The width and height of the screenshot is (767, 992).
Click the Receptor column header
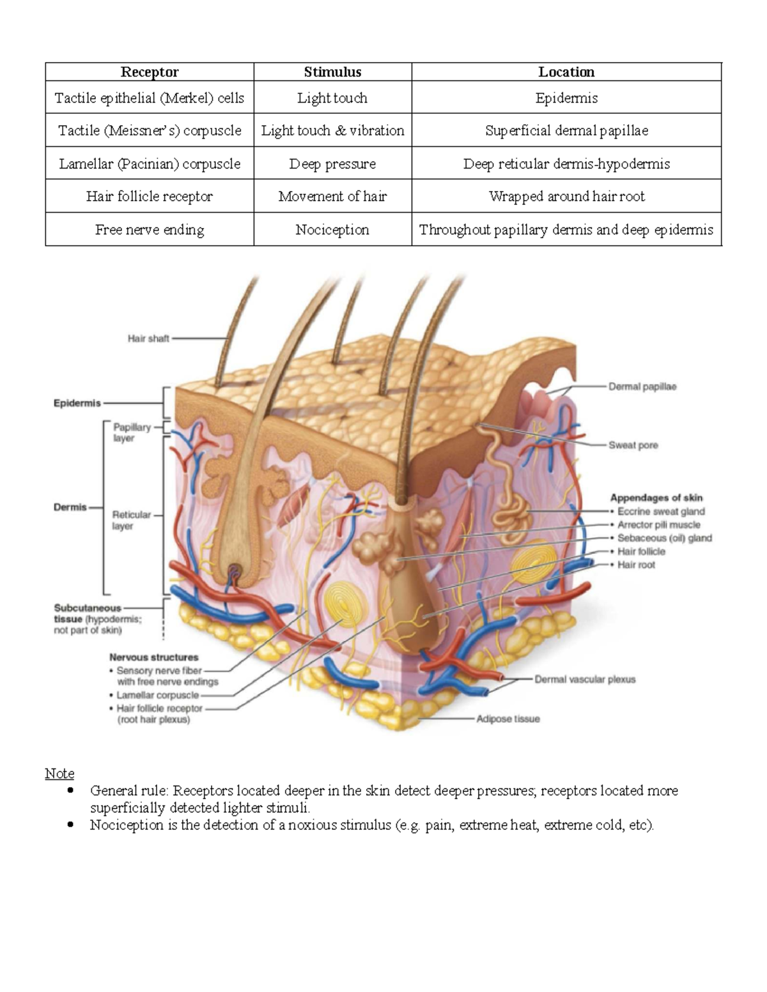coord(149,72)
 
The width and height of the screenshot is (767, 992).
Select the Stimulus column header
coord(332,72)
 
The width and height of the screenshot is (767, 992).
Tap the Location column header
coord(566,72)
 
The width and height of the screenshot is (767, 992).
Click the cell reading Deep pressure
coord(332,164)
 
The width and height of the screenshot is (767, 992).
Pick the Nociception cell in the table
coord(332,230)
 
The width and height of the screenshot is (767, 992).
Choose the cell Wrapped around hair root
coord(566,197)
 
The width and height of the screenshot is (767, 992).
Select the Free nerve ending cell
coord(150,230)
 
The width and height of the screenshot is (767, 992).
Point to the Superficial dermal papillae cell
coord(566,131)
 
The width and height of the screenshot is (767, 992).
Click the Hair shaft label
coord(148,339)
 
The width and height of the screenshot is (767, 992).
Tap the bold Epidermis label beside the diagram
coord(77,404)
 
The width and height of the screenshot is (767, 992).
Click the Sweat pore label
coord(633,445)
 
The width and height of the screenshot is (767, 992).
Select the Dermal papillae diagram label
coord(642,386)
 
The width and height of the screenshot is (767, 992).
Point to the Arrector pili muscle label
coord(658,524)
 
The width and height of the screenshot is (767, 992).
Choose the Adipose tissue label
coord(507,719)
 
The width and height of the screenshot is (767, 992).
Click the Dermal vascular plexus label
coord(585,680)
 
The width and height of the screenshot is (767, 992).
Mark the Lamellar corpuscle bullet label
coord(157,695)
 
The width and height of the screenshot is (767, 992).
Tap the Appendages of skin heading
coord(656,498)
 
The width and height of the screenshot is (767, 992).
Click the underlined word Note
coord(59,774)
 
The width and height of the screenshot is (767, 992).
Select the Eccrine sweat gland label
coord(661,511)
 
